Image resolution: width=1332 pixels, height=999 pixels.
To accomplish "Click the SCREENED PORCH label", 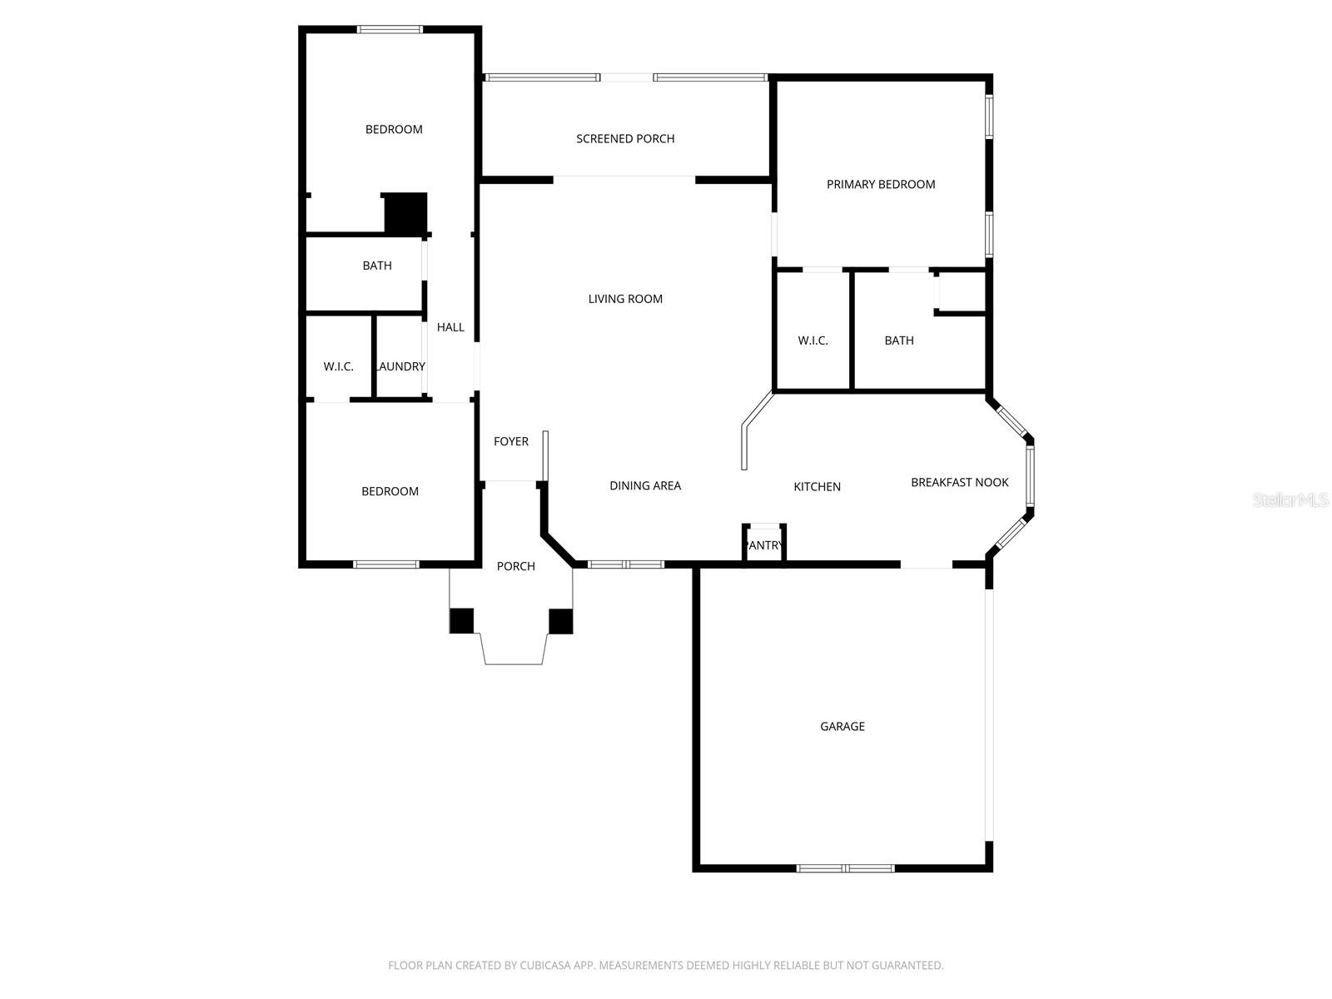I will tap(625, 139).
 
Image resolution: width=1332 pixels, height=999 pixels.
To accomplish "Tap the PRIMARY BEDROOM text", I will tap(881, 185).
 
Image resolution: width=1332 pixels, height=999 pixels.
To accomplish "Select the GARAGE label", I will tap(842, 727).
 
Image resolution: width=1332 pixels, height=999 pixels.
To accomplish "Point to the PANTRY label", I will tap(764, 546).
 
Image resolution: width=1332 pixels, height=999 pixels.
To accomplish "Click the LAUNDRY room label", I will tap(400, 367).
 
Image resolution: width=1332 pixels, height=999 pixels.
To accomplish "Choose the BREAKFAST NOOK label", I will tap(959, 483).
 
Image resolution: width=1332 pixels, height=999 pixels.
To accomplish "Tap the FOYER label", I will tap(511, 442).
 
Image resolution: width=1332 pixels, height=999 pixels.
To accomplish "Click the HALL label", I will tap(450, 328).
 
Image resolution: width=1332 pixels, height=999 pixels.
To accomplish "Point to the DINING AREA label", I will tap(645, 486).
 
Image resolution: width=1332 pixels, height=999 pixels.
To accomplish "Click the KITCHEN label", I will tap(817, 487).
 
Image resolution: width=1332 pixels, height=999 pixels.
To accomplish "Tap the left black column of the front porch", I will tap(462, 621).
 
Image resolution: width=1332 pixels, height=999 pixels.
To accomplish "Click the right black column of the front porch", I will tap(561, 621).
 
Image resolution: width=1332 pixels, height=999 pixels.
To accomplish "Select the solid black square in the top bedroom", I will tap(405, 213).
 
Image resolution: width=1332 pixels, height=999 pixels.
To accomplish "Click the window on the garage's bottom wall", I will tap(845, 868).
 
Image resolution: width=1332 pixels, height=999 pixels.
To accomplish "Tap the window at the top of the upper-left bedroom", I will tap(390, 30).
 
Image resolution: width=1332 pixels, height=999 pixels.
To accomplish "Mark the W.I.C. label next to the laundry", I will tap(339, 367).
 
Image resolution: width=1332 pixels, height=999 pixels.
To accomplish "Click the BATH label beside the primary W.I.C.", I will tap(899, 340).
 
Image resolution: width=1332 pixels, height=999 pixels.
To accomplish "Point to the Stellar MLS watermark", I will tap(1290, 500).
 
